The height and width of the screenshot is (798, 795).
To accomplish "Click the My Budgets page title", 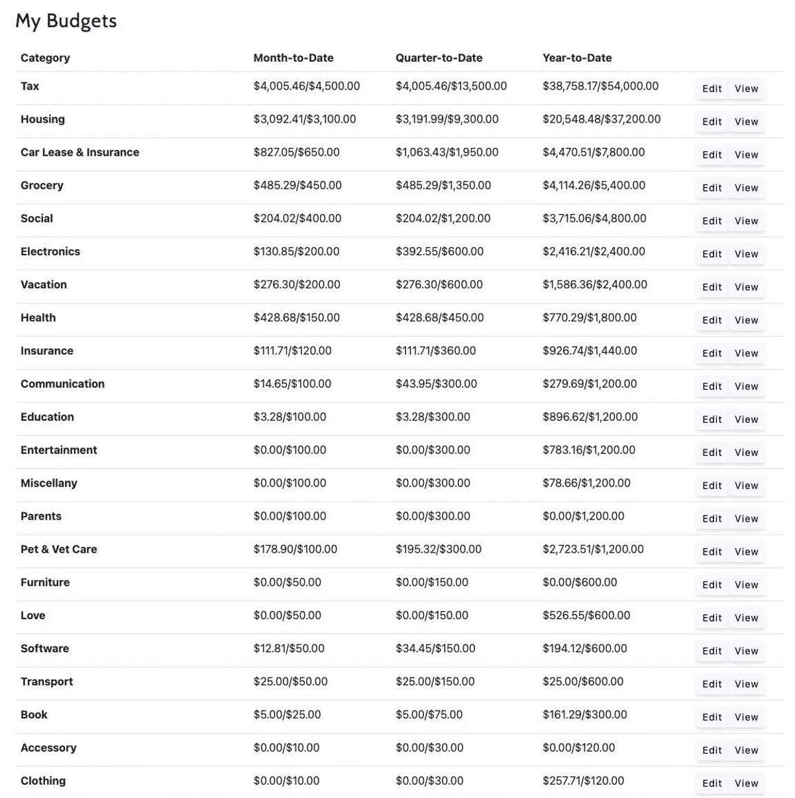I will coord(66,21).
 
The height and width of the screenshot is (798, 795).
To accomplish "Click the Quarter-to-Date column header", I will coord(439,58).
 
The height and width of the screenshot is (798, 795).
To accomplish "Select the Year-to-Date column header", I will coord(577,58).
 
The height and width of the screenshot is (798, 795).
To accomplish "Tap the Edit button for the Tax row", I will coord(712,89).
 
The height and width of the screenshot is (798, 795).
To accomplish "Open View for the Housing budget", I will coord(746,122).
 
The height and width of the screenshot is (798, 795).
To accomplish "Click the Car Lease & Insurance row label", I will coord(79,152).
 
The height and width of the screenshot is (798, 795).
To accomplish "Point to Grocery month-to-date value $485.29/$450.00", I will coord(297,186).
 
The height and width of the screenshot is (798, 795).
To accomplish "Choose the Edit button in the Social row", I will coord(712,221).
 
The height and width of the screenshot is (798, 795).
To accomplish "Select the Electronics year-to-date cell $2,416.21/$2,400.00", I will coord(594,252).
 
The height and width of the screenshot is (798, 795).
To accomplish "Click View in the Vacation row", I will coord(746,288).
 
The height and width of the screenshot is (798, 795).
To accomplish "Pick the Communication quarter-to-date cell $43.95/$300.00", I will coord(436,384).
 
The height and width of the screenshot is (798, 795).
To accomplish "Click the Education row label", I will coord(47,418).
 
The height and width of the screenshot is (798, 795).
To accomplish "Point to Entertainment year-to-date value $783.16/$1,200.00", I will coord(588,451).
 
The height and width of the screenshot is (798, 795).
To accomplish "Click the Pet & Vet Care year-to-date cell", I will coord(593,550).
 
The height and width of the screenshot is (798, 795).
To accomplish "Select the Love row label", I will coord(33,616).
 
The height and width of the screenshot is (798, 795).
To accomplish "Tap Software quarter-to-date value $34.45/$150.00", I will coord(435,649).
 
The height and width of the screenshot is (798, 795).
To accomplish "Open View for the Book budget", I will coord(746,717).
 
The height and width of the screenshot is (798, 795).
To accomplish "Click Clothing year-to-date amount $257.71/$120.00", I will coord(583,781).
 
